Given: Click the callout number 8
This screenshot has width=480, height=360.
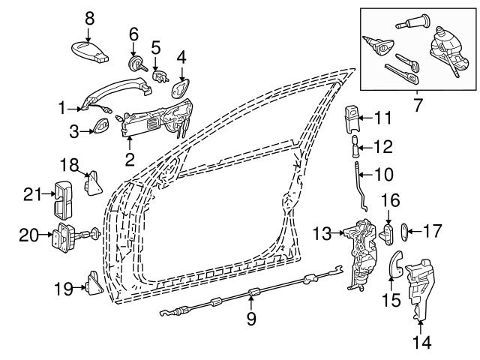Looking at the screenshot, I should (x=89, y=16).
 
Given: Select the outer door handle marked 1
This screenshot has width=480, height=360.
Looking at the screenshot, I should (x=112, y=94).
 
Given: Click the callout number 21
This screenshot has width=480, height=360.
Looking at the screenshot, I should (x=30, y=195).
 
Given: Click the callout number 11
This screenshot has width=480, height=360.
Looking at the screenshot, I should (x=383, y=117).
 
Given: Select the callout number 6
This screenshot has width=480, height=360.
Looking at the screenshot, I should (x=133, y=34).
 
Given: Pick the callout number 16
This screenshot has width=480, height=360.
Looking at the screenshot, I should (x=388, y=200).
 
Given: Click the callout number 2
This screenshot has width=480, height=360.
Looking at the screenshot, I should (x=130, y=158).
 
